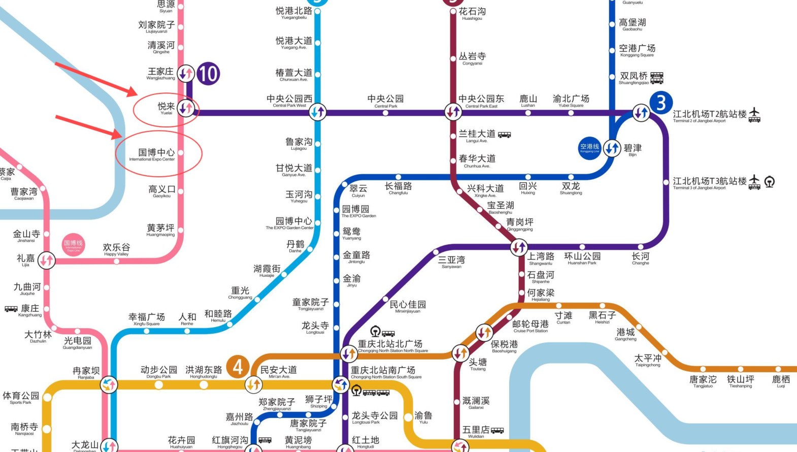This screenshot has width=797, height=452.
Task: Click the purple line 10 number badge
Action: pos(208,74)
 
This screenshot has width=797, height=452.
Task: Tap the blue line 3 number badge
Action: pos(661,103)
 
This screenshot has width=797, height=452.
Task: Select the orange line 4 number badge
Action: pos(238,366)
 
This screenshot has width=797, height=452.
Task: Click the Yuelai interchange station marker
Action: pos(186,108)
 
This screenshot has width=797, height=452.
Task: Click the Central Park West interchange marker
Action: pos(318,112)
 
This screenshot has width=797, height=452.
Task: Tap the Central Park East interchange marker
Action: pos(453,112)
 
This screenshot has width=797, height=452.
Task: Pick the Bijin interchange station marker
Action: pos(612,148)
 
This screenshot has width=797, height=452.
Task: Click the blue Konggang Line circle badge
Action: pos(589,148)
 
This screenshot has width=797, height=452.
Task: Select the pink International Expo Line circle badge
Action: pos(74,245)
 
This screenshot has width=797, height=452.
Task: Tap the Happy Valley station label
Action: pos(116,249)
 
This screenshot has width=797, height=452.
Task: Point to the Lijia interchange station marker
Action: pos(47,260)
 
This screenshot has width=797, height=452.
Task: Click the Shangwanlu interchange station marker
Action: pos(519,247)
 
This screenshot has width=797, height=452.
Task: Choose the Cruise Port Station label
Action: pos(530,326)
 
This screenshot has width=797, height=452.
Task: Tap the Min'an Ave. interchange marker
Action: pos(253,384)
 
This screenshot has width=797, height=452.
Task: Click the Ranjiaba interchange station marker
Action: pos(109,384)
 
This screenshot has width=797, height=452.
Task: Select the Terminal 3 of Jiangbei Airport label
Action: pos(709,183)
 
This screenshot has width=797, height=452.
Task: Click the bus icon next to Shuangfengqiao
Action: pos(657,78)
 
